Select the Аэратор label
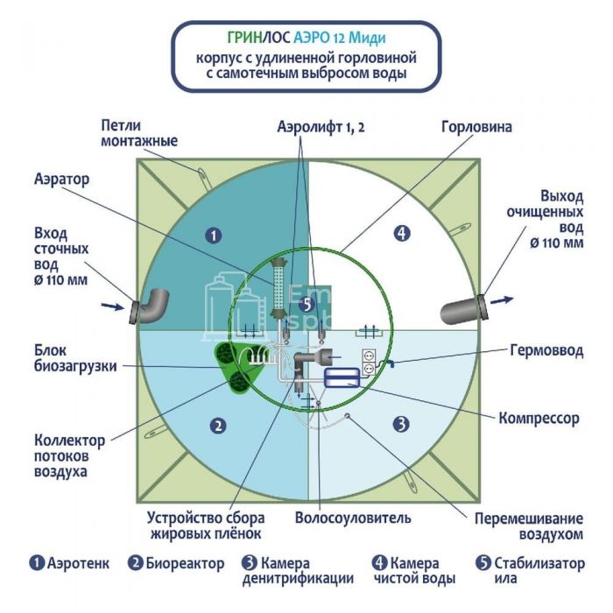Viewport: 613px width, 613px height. click(x=62, y=178)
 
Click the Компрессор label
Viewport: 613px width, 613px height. click(x=539, y=418)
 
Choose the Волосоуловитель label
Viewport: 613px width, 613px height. click(x=353, y=518)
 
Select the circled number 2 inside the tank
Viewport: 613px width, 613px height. click(x=218, y=426)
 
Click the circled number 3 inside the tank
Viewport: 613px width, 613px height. click(x=400, y=424)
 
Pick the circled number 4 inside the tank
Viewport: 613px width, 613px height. click(x=401, y=234)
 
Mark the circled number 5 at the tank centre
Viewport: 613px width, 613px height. click(x=306, y=304)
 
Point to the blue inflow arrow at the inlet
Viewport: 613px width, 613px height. click(x=111, y=306)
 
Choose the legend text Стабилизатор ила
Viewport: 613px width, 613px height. click(x=534, y=570)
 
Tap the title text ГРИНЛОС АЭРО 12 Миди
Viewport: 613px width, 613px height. click(x=306, y=39)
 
